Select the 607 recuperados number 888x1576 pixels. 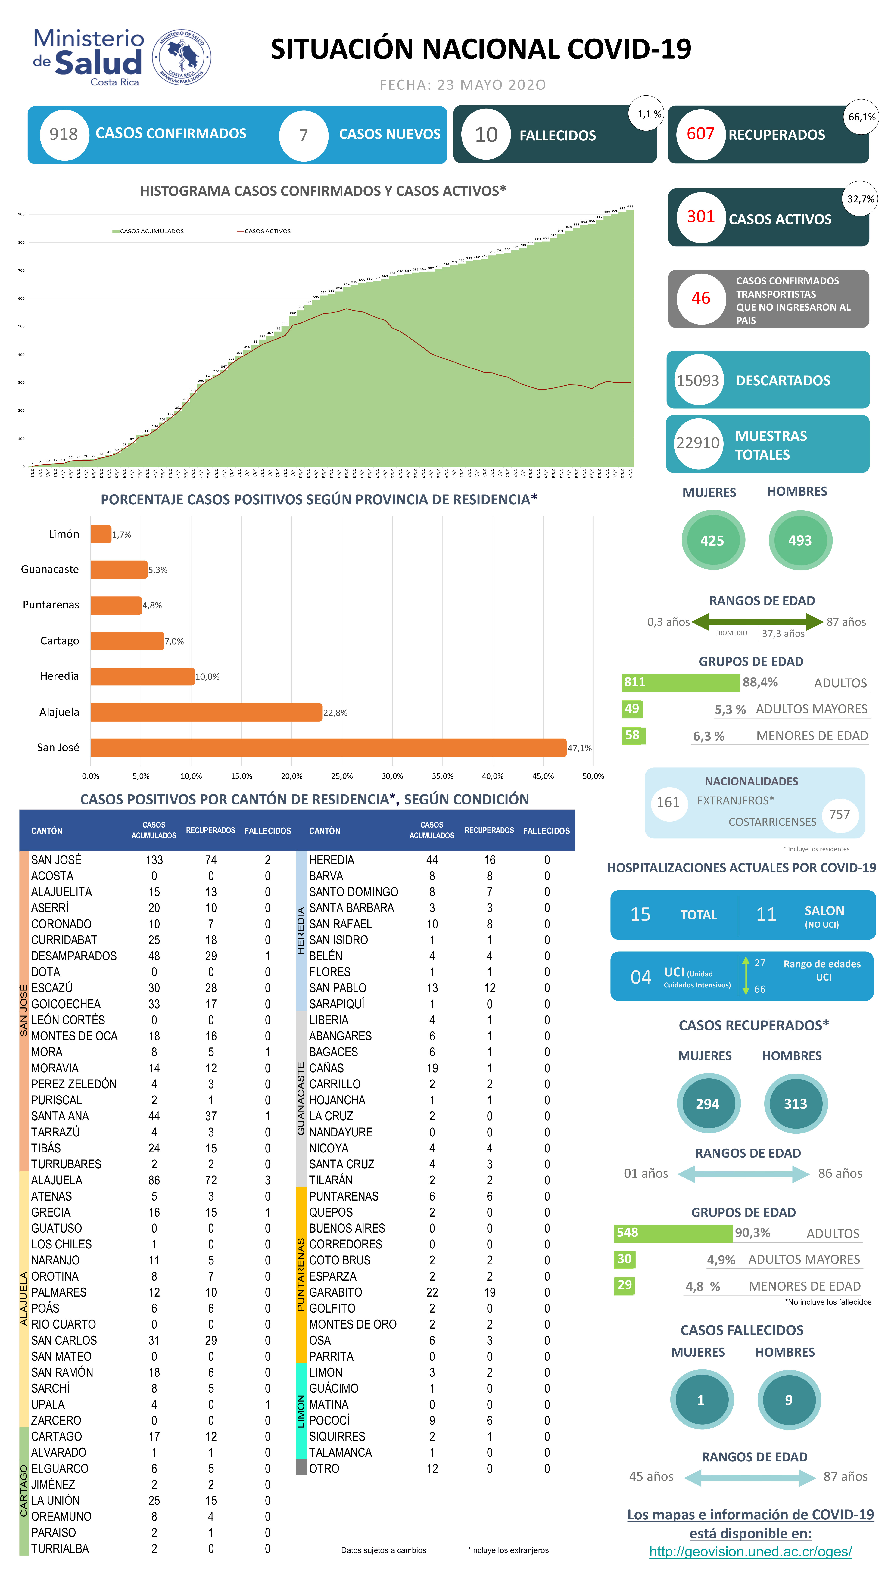pyautogui.click(x=700, y=134)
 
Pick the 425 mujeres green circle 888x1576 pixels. pyautogui.click(x=712, y=540)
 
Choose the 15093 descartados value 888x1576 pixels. pyautogui.click(x=698, y=381)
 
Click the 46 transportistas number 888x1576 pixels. pyautogui.click(x=701, y=298)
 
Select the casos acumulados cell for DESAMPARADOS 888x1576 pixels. pyautogui.click(x=154, y=956)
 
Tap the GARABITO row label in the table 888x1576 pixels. pyautogui.click(x=335, y=1292)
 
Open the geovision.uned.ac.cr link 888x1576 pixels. pyautogui.click(x=750, y=1552)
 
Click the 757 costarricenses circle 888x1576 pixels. pyautogui.click(x=839, y=814)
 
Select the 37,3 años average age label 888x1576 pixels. pyautogui.click(x=783, y=633)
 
